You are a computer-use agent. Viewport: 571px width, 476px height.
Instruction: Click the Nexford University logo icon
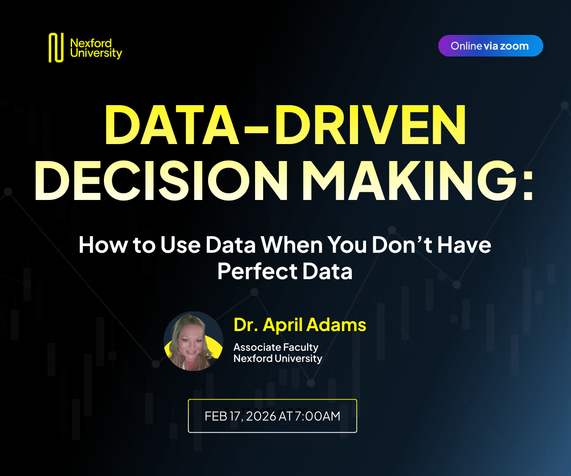56,48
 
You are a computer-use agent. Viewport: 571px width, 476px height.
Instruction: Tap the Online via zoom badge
490,46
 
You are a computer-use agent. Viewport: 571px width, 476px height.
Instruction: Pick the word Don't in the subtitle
400,245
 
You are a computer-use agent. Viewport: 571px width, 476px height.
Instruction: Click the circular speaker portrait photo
193,341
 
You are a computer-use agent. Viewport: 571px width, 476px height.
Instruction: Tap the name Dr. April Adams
300,325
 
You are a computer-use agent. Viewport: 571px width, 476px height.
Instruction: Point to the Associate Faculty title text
276,347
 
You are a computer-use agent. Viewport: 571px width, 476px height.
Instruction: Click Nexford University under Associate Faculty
277,358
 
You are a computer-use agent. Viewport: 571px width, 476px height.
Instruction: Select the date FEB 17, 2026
240,416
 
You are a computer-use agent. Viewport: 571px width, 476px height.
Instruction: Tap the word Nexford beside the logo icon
91,43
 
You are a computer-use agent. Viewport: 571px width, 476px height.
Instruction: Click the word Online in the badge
466,46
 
